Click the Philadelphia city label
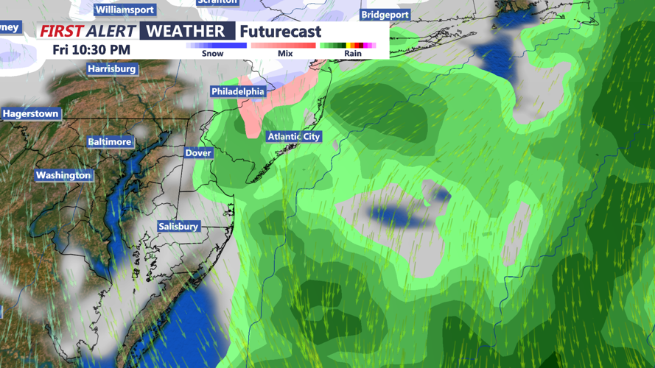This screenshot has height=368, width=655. click(x=238, y=91)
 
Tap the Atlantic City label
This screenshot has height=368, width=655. click(x=294, y=136)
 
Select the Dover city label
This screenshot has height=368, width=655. click(x=198, y=153)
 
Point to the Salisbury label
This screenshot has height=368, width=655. click(x=178, y=226)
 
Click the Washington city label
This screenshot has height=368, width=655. click(x=63, y=175)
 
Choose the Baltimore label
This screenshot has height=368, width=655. click(x=109, y=141)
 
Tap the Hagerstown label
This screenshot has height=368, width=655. click(x=30, y=114)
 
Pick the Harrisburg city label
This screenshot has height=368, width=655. click(x=112, y=69)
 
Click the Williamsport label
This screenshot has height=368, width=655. click(x=125, y=10)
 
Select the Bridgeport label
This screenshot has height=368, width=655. click(x=385, y=15)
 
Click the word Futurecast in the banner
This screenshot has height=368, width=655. click(x=280, y=32)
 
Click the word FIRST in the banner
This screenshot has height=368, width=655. click(x=61, y=32)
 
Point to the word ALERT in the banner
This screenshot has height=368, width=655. click(x=111, y=32)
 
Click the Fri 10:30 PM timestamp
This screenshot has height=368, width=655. click(x=91, y=50)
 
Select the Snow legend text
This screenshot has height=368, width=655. click(x=212, y=54)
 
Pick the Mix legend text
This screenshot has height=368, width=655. click(x=285, y=54)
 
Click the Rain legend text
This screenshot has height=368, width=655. click(x=353, y=54)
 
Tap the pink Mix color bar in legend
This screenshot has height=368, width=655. click(x=284, y=46)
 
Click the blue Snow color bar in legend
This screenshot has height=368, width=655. click(x=216, y=46)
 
